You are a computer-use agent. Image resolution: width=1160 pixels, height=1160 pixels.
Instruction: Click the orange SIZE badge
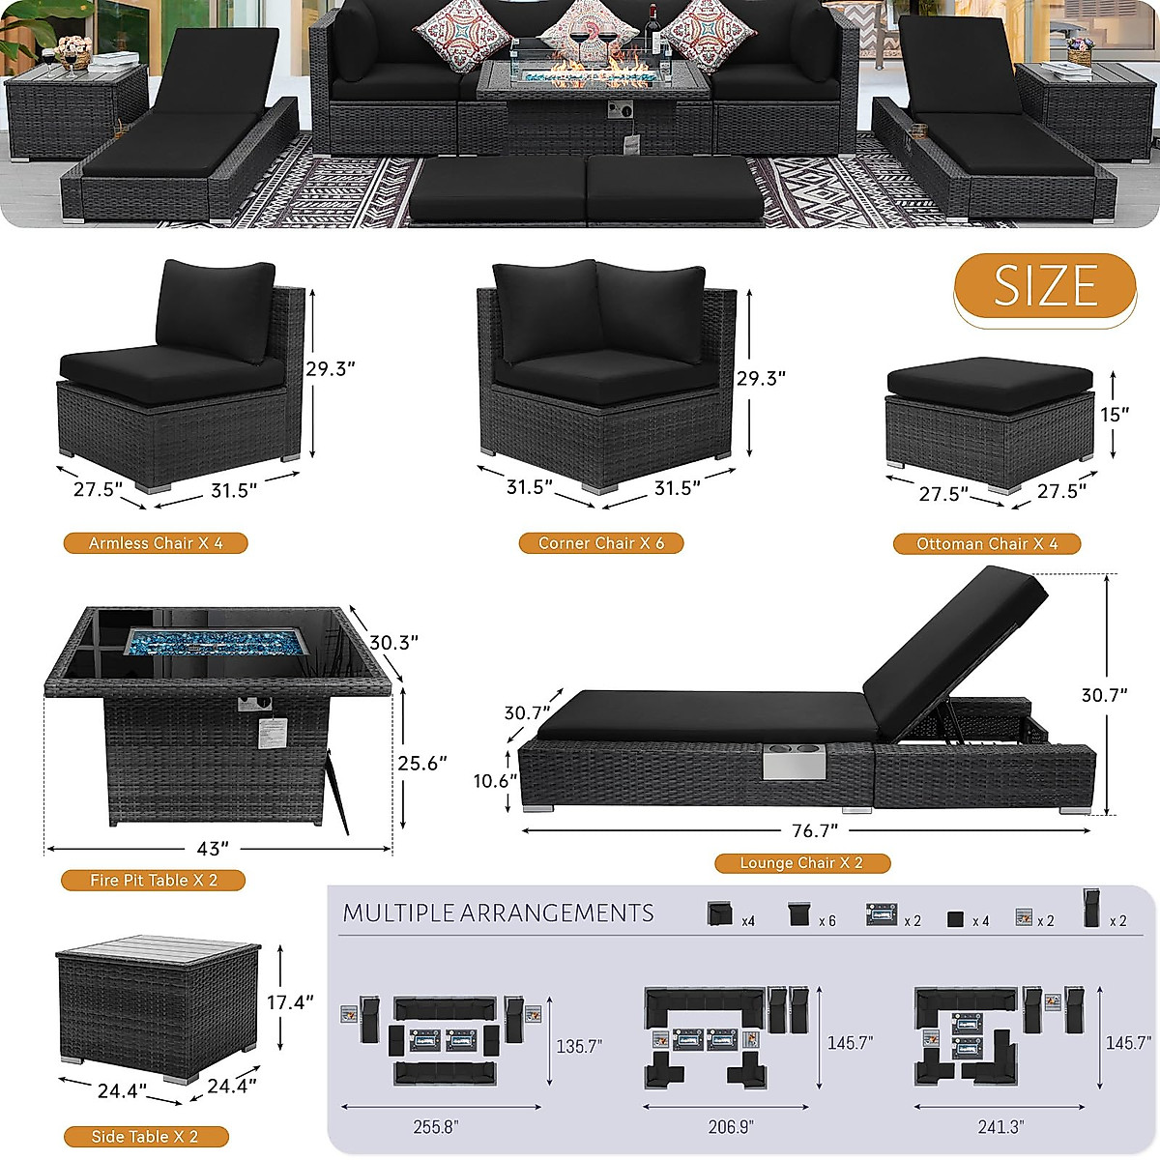(1045, 286)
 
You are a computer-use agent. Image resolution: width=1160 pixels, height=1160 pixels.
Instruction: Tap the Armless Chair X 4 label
(156, 543)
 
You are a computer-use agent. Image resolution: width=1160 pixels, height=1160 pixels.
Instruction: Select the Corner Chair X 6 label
(601, 543)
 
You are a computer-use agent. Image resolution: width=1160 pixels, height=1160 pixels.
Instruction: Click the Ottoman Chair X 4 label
(987, 544)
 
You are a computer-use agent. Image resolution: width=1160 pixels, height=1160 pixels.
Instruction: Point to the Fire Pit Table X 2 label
(154, 880)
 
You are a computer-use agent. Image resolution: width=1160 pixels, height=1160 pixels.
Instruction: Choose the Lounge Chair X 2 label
(801, 862)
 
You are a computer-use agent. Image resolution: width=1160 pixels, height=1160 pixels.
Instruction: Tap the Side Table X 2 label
(145, 1137)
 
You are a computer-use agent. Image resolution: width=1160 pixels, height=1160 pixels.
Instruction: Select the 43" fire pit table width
(213, 849)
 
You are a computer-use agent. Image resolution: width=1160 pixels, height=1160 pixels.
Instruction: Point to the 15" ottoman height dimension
(1114, 415)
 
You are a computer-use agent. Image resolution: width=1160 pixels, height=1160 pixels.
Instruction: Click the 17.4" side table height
(290, 1002)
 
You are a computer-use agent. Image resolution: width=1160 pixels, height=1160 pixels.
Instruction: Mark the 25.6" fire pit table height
(422, 763)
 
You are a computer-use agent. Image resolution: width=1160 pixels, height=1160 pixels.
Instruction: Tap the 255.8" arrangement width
(435, 1126)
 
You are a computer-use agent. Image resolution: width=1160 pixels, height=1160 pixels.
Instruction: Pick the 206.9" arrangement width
(731, 1126)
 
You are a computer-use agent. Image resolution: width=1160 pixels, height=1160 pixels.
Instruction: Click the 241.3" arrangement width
(1000, 1126)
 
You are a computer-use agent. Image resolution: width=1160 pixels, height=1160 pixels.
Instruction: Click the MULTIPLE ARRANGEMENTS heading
(498, 913)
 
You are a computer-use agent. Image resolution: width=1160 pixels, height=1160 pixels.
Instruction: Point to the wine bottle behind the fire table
(652, 29)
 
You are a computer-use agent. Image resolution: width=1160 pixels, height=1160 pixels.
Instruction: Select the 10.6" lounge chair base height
(495, 780)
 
